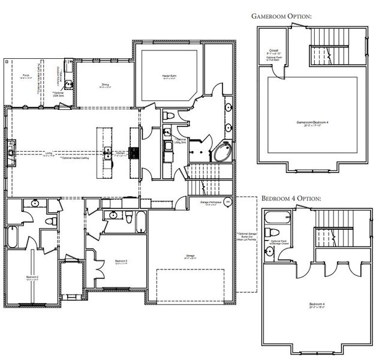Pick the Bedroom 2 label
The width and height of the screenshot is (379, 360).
tap(33, 278)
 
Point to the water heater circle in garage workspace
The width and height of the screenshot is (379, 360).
tap(228, 202)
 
